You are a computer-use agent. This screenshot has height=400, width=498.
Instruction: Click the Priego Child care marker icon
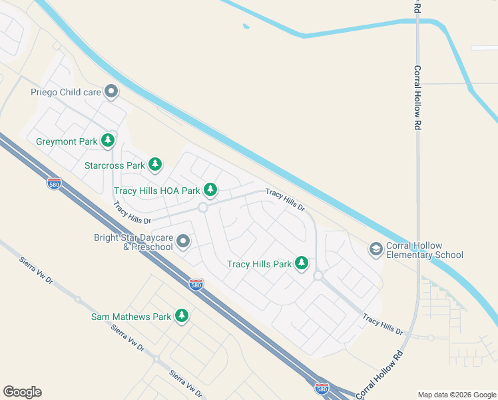[x=111, y=92]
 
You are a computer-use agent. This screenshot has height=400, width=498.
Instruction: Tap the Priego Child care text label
[x=65, y=92]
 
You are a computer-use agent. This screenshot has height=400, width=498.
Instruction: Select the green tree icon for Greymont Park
[x=108, y=141]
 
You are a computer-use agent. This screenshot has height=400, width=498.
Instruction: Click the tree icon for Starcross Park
[x=155, y=164]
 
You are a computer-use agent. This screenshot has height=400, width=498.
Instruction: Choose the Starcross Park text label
[x=115, y=165]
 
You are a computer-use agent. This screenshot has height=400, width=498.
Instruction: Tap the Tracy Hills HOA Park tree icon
[x=210, y=190]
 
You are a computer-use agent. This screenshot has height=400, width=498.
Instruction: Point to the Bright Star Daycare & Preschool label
[x=133, y=242]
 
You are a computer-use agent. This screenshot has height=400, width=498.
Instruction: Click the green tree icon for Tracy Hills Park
[x=302, y=263]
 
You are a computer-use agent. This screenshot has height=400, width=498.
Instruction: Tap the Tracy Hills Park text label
[x=259, y=264]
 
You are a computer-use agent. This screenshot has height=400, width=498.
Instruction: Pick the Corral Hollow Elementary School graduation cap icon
[x=375, y=249]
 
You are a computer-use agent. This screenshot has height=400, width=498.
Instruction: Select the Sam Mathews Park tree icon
[x=181, y=316]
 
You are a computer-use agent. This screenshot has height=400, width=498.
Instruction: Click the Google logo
[x=22, y=392]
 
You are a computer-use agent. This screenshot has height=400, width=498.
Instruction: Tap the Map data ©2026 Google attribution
[x=457, y=395]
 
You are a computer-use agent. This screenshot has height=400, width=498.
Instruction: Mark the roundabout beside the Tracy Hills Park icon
[x=318, y=275]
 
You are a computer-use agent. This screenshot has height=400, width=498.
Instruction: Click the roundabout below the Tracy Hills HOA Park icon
[x=202, y=208]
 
